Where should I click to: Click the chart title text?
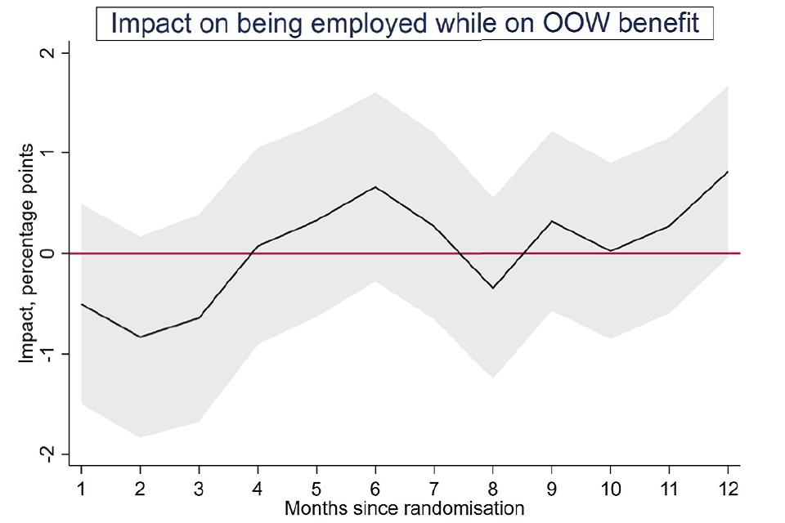coord(405,23)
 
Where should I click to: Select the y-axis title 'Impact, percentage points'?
coord(27,253)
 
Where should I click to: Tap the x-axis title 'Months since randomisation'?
coord(404,509)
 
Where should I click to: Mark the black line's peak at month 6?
coord(375,187)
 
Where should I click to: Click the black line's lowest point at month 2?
coord(141,337)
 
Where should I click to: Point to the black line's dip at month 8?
coord(493,288)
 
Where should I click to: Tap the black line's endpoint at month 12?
coord(728,172)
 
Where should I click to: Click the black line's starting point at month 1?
coord(82,304)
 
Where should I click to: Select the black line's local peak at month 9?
coord(552,221)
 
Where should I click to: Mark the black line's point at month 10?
coord(611,251)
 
